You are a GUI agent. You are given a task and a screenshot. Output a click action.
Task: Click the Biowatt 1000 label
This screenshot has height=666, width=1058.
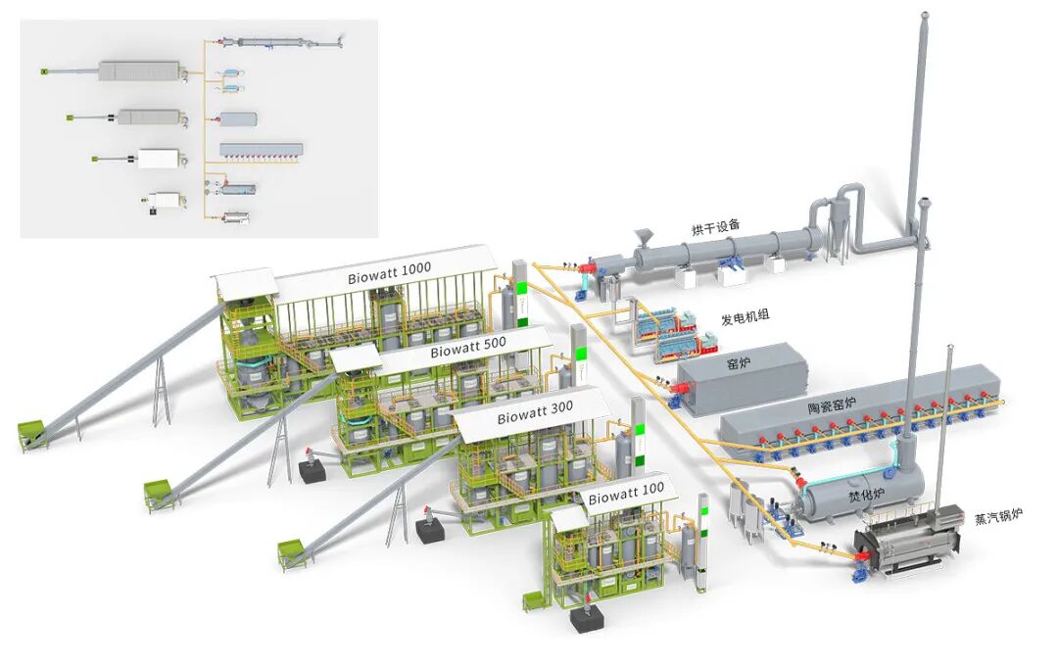(x=389, y=273)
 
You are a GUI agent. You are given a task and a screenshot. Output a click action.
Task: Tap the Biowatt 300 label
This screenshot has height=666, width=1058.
(x=535, y=413)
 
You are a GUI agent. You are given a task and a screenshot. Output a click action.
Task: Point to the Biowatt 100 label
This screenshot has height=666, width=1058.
(x=626, y=494)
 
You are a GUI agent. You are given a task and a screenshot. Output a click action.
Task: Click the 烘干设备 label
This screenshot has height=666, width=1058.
(x=716, y=227)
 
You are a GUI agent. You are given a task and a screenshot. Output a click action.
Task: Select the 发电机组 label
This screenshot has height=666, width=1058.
(x=745, y=316)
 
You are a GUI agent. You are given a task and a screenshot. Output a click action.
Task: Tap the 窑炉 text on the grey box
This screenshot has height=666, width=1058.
(x=739, y=364)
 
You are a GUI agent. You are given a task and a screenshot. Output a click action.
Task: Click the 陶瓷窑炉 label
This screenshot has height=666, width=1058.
(x=832, y=404)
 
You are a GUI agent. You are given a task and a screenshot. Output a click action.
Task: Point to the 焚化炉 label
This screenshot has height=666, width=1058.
(x=866, y=495)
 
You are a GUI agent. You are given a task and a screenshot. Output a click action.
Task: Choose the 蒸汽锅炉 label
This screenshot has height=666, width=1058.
(x=998, y=517)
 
